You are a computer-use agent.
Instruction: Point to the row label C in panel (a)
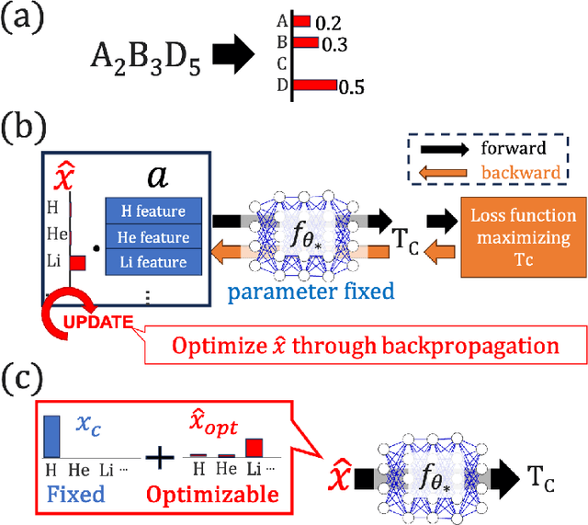282,64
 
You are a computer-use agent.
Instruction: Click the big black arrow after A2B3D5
237,58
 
